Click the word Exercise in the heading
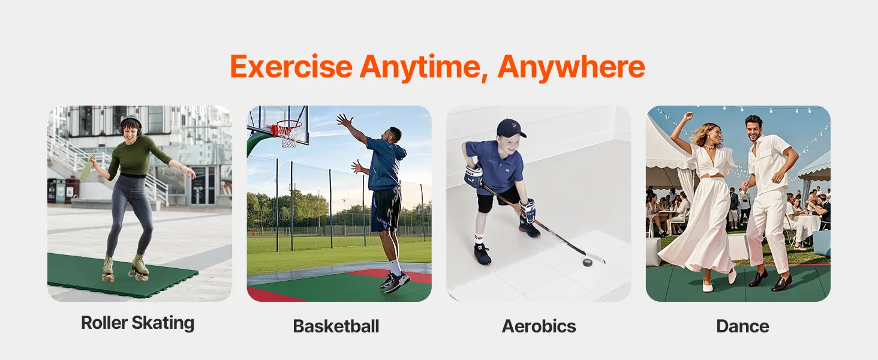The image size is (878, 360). click(x=291, y=67)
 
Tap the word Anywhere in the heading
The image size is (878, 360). click(x=571, y=67)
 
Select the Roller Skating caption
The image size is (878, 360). click(x=137, y=323)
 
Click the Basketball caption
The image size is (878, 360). click(x=336, y=326)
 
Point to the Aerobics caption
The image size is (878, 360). click(x=539, y=326)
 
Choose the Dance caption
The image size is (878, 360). click(x=742, y=326)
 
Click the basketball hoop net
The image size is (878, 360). click(x=289, y=135)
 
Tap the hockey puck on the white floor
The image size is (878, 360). click(x=588, y=262)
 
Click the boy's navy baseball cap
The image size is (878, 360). click(x=511, y=128)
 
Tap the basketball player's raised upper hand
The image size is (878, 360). click(x=345, y=121)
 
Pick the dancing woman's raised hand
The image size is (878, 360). click(x=688, y=116)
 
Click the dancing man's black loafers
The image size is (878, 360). click(x=771, y=280)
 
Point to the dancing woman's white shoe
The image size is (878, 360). click(x=708, y=288)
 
